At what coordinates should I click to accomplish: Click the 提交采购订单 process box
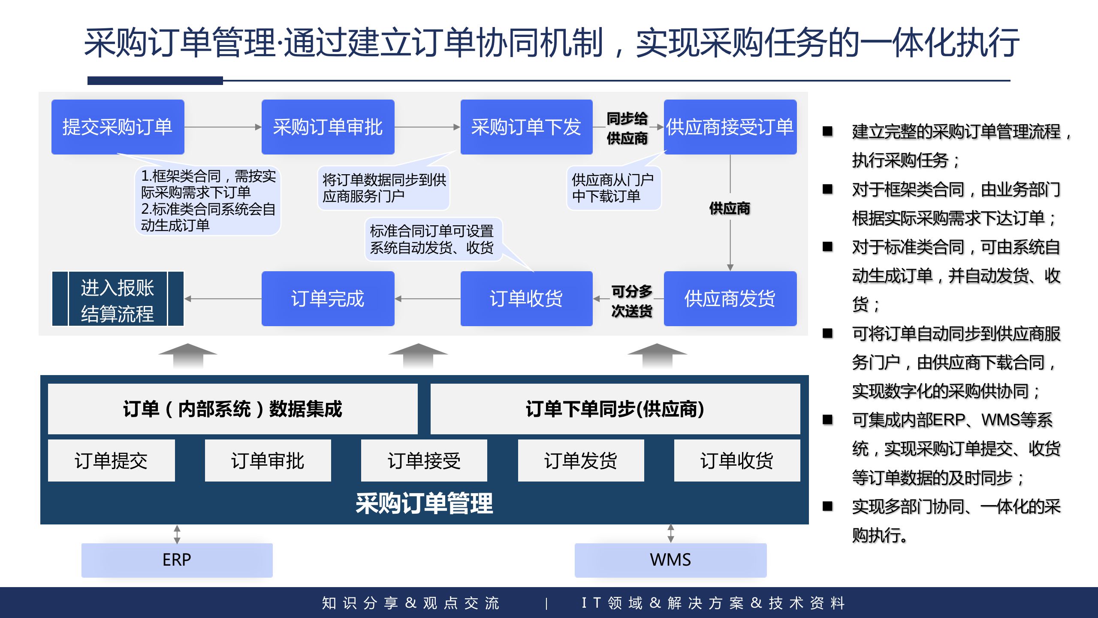tap(118, 127)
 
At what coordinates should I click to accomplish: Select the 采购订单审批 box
tap(328, 127)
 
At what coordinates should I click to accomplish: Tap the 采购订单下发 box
tap(526, 127)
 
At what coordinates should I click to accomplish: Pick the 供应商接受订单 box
tap(730, 127)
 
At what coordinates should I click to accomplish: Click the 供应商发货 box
tap(730, 299)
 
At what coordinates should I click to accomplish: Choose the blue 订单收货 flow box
tap(526, 299)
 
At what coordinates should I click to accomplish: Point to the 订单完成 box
tap(328, 299)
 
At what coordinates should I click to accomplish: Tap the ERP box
tap(177, 560)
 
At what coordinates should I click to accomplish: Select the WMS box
tap(670, 560)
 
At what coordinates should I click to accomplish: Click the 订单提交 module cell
tap(111, 460)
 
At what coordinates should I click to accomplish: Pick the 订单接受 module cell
tap(424, 460)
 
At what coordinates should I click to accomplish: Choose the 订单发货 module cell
tap(581, 460)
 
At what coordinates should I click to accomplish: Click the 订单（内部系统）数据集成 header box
tap(232, 409)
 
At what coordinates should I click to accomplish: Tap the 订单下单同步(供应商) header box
tap(615, 409)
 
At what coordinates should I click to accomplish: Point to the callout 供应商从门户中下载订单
tap(613, 188)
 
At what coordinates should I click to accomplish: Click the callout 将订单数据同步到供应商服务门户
tap(384, 188)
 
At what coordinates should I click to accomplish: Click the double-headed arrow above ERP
tap(177, 534)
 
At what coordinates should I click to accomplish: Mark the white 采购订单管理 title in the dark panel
tap(424, 503)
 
